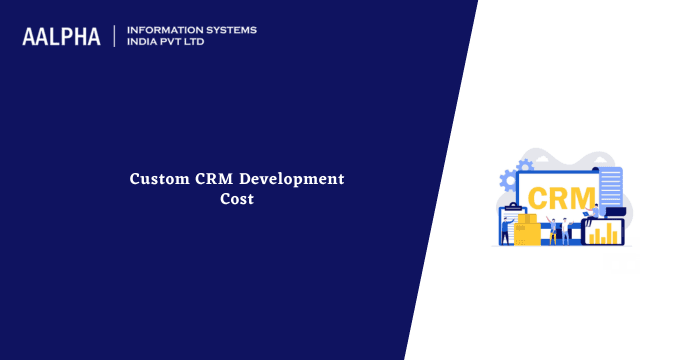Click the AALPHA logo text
click(61, 37)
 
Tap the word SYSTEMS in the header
click(226, 30)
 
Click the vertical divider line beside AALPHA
click(115, 36)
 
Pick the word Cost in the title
click(237, 198)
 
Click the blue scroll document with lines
click(609, 189)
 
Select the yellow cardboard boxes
click(527, 229)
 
